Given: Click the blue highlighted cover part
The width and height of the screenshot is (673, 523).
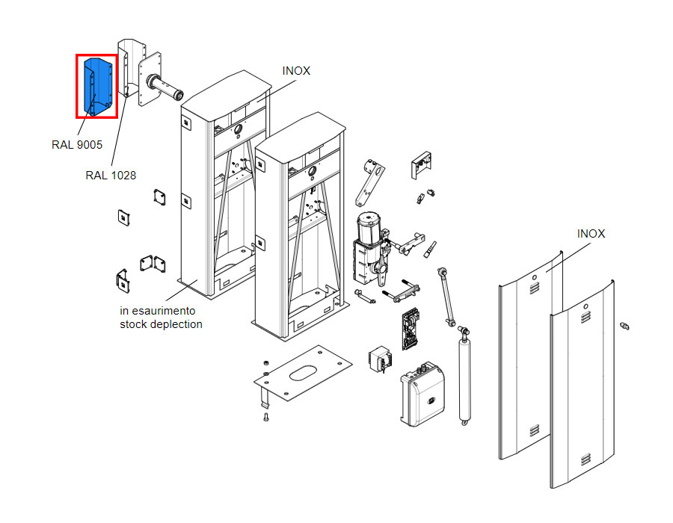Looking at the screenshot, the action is point(99,86).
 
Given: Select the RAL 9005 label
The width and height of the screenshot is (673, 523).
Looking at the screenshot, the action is point(77,145).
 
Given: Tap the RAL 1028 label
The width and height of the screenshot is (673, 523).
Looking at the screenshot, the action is point(111,176).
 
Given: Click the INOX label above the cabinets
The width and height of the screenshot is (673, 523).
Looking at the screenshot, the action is point(296,71).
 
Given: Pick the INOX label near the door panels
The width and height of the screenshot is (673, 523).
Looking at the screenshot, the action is point(591,234).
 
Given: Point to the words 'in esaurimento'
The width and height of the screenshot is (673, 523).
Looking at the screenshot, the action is point(158,310).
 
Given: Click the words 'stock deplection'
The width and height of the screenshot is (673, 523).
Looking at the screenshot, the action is point(161,324).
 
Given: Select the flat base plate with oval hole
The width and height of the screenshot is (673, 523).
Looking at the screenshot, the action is point(303,373).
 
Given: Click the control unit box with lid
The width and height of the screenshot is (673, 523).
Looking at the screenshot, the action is point(422,394).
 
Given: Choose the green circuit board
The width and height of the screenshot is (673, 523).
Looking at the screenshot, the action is point(411,329).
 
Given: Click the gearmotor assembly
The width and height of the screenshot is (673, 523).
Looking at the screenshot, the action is point(370,249).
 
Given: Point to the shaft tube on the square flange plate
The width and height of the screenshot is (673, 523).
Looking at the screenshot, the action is point(165,87).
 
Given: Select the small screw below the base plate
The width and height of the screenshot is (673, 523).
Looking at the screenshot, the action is point(265,417).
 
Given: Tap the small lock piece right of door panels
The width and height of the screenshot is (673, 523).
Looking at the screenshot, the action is point(624,327).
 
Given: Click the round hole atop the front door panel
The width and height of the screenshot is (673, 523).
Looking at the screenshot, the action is point(586,307).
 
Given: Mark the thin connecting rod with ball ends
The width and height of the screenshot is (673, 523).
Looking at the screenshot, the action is point(446,297).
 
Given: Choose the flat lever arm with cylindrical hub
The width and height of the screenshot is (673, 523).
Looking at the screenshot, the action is point(369,182).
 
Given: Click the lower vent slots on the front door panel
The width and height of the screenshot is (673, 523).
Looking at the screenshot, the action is point(585,459).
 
